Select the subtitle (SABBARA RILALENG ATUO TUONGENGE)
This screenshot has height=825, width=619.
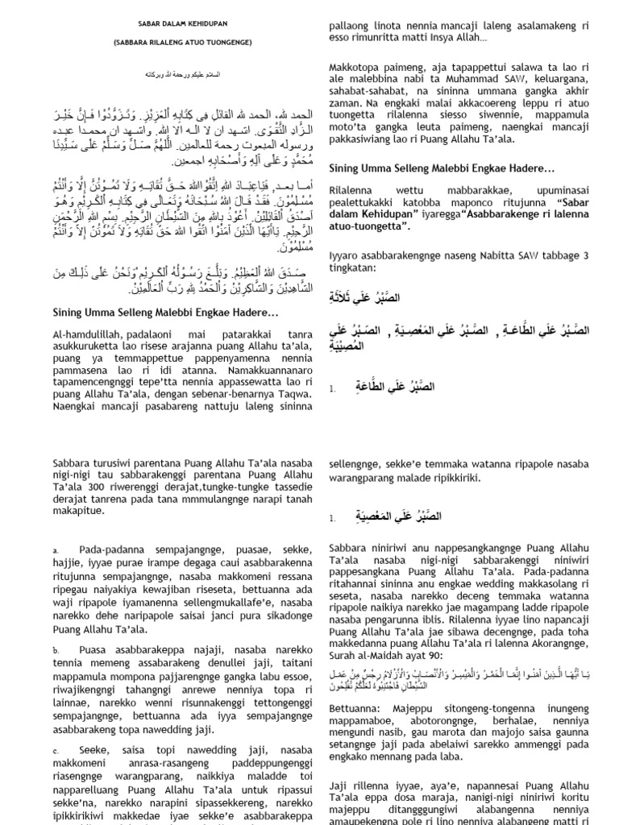pyautogui.click(x=181, y=41)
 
